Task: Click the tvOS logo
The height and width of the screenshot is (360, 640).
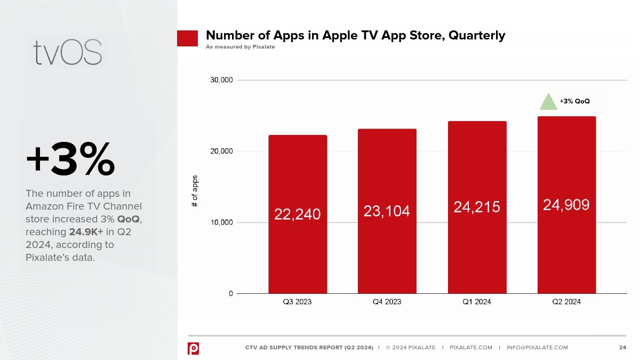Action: coord(67,52)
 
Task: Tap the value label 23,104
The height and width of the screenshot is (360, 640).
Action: coord(387,211)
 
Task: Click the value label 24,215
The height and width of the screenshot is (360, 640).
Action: coord(477,207)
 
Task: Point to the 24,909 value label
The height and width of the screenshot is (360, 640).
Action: coord(566,205)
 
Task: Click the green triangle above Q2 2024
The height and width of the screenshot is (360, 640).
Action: coord(548,102)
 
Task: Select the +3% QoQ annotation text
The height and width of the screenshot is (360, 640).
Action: coord(574,101)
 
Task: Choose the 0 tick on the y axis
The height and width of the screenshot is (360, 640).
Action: coord(230,293)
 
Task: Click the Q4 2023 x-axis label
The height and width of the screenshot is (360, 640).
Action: coord(387,302)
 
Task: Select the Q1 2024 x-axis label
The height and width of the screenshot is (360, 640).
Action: coord(477,302)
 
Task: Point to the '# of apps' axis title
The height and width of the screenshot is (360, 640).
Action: coord(195,191)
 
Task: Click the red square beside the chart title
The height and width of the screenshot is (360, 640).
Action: coord(187,38)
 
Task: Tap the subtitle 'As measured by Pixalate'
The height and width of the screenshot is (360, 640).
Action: coord(240,47)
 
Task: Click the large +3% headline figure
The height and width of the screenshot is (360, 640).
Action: coord(70,159)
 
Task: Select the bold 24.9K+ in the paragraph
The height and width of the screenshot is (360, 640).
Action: coord(86,233)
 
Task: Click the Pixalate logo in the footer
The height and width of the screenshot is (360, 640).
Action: coord(193,348)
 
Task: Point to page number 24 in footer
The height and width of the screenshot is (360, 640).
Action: coord(622,348)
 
